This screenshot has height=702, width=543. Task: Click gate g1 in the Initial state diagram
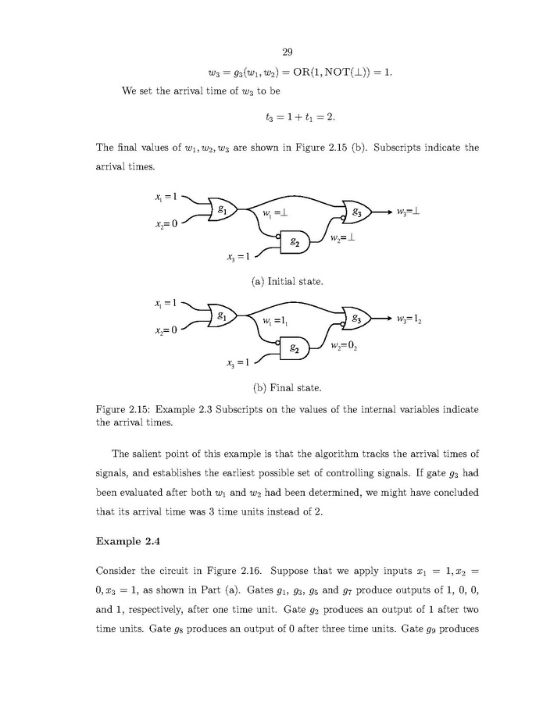point(223,209)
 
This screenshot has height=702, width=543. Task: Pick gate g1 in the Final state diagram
point(223,317)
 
